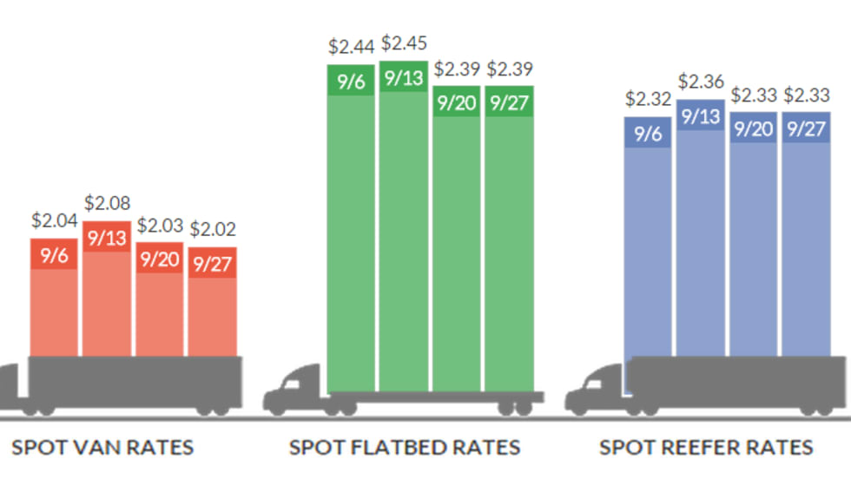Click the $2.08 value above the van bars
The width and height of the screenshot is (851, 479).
pos(108,204)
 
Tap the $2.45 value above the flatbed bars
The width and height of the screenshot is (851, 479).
pos(405,43)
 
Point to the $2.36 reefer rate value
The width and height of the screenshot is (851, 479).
pos(701,82)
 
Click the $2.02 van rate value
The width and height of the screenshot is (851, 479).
pos(213,230)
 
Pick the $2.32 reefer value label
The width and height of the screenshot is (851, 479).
pos(648,99)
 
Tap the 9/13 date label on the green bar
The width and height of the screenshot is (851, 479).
pos(404,77)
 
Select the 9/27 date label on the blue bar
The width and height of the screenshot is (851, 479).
pos(806,128)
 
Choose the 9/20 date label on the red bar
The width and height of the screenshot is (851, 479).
pos(159,259)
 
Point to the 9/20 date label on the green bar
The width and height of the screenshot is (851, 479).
pos(457,102)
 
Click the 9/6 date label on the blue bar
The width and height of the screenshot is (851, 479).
pos(648,133)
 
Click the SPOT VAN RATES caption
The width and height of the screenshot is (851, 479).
pos(102,448)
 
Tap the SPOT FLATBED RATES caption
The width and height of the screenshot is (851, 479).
pos(405,448)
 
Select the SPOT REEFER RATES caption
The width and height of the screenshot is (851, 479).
pos(706,448)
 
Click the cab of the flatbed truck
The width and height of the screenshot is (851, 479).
pos(295,391)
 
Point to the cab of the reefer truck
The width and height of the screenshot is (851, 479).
pos(597,390)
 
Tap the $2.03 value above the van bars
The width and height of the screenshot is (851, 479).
pos(160,226)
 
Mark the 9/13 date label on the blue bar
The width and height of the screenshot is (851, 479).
pos(701,116)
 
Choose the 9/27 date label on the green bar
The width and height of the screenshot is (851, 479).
pos(509,102)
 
